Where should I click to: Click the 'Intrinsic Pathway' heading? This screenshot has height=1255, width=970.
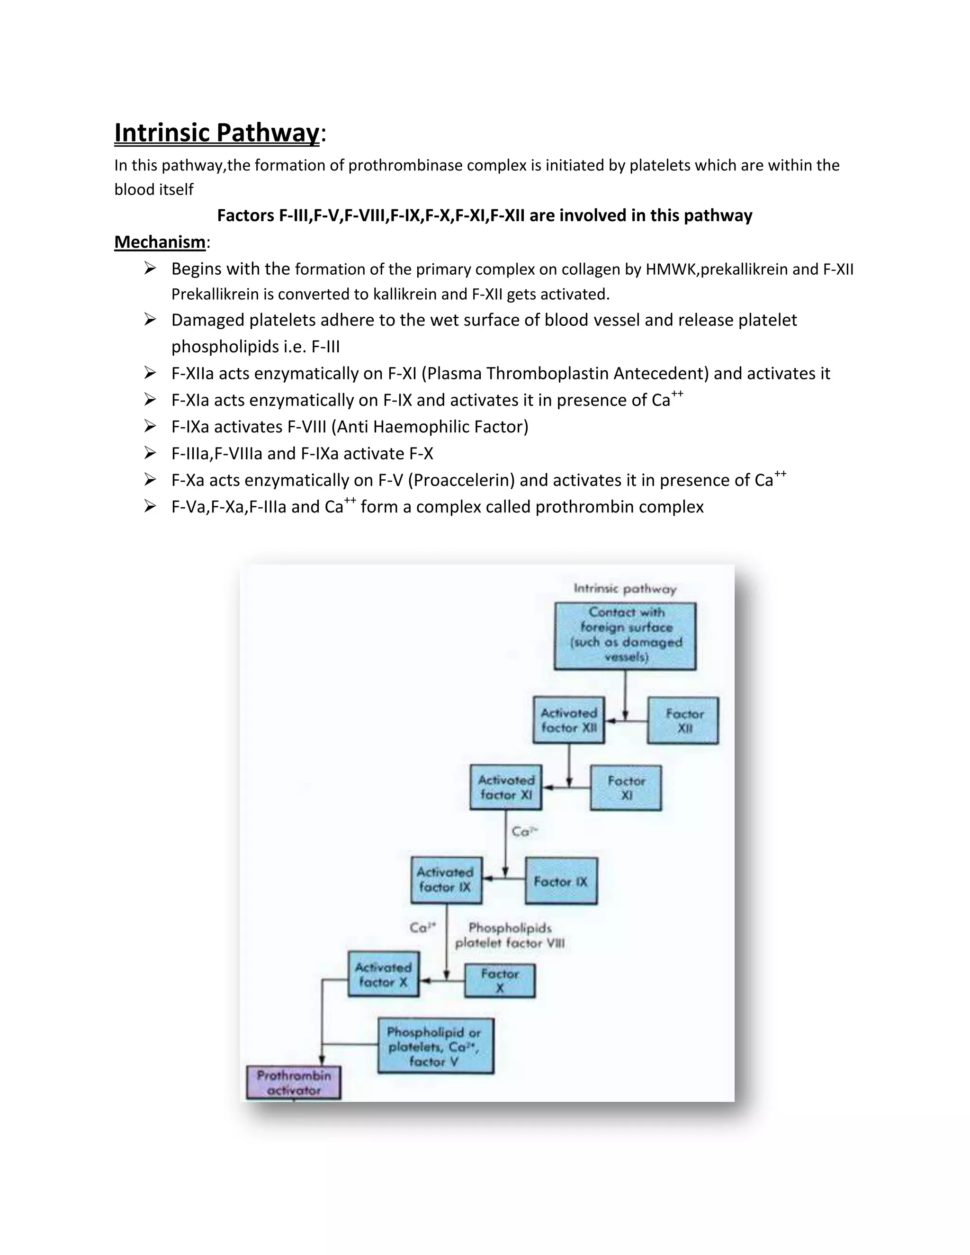[216, 133]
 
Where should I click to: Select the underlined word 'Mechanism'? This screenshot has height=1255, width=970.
[160, 242]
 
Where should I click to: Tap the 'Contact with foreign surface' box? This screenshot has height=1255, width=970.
[625, 636]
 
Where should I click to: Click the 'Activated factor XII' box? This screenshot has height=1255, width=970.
[569, 720]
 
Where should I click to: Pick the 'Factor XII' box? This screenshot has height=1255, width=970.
[683, 721]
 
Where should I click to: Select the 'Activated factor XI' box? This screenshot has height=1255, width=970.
[506, 787]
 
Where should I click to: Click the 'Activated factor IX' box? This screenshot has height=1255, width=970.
[446, 880]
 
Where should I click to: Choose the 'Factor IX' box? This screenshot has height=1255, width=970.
[561, 881]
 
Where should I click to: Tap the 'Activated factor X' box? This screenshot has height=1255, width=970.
[383, 975]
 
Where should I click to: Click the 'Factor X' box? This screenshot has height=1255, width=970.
[499, 981]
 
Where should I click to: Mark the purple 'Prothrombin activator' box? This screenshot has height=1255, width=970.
[294, 1083]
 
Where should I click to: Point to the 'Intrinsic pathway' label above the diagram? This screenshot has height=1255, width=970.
[625, 588]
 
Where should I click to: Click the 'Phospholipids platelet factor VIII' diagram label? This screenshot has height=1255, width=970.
[510, 935]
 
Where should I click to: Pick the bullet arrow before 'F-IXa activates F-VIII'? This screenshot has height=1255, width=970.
[150, 426]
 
